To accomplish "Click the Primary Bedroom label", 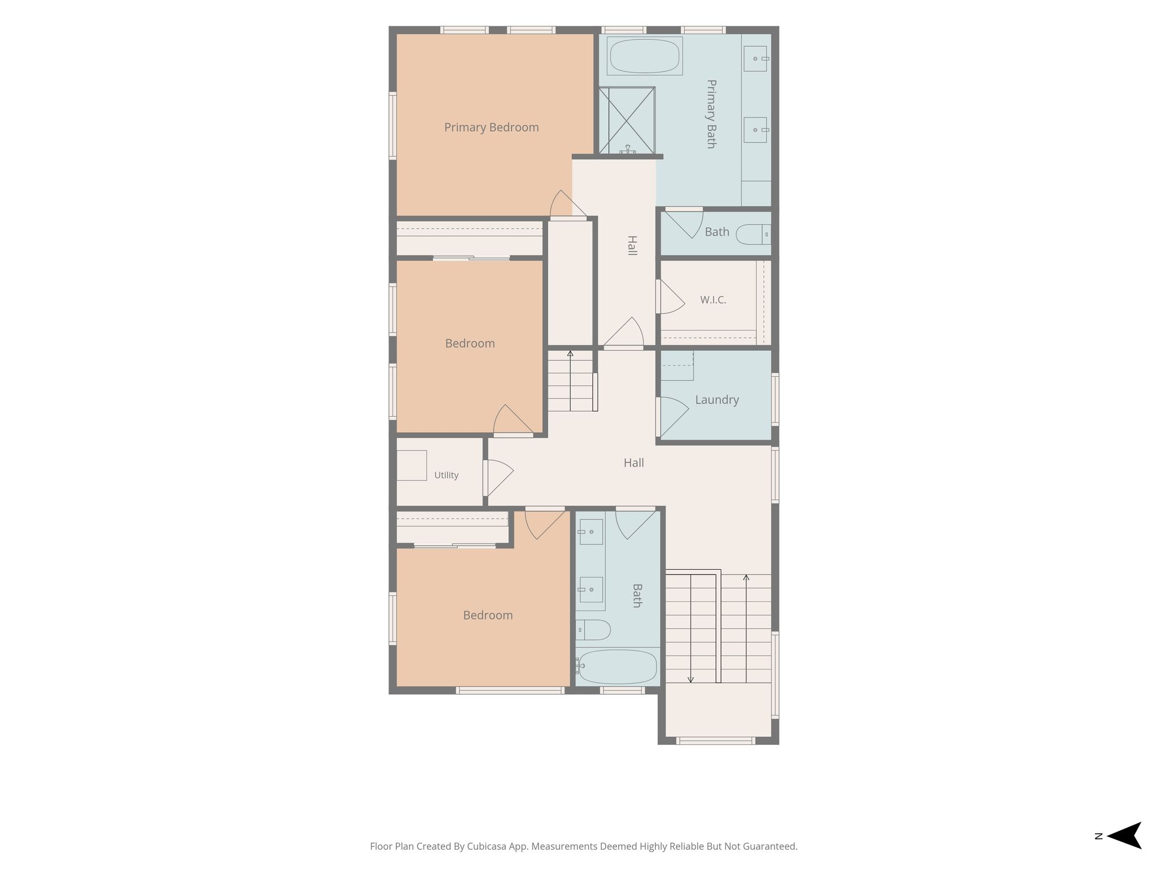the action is (491, 127).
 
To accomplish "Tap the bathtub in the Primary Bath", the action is (644, 56).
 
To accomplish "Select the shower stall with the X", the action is (626, 120).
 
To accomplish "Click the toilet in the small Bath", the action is (753, 234).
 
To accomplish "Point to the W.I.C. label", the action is (713, 300).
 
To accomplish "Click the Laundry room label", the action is (717, 400).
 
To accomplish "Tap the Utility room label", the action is (446, 475).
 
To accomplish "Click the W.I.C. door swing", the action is (670, 296).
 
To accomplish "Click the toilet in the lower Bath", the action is (593, 630).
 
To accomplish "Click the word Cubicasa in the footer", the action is (488, 846).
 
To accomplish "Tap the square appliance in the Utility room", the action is (412, 465).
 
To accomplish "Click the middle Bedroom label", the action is (470, 343).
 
